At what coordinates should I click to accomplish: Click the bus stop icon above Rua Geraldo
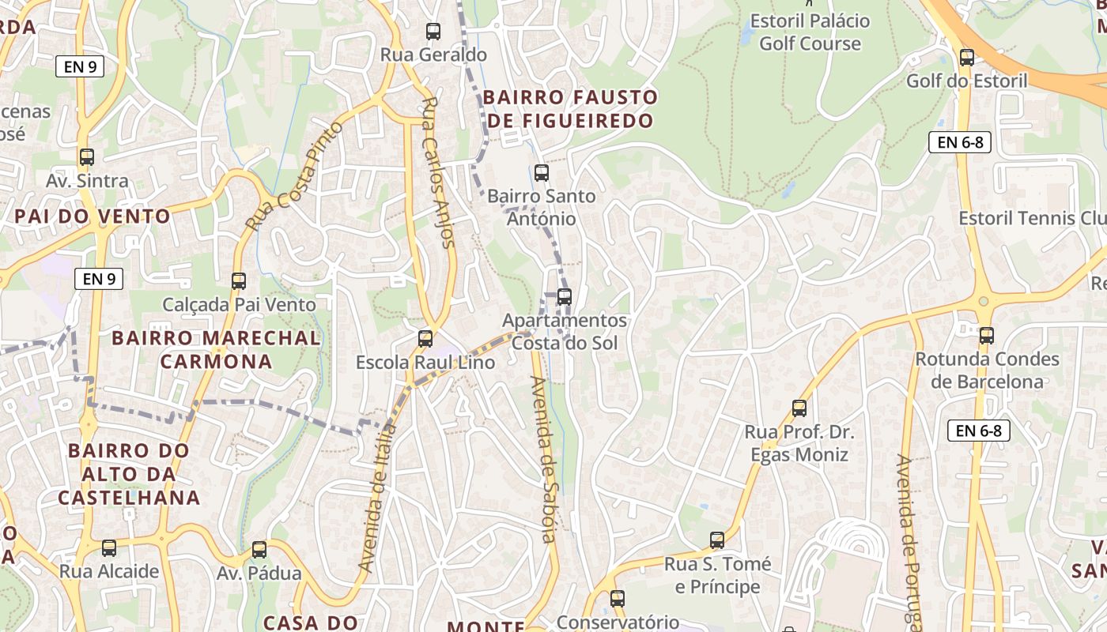coord(433,32)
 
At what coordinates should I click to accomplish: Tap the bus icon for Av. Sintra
coord(87,157)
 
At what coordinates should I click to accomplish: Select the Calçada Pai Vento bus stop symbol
coord(238,280)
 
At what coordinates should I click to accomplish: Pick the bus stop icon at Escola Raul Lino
coord(425,339)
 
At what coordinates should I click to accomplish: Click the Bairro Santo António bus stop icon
coord(542,172)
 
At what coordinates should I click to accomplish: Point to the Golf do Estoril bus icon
coord(966,58)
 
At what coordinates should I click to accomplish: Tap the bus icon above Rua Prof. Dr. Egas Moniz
coord(799,408)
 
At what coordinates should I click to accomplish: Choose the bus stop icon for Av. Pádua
coord(259,550)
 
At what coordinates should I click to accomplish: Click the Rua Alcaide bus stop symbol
coord(109,548)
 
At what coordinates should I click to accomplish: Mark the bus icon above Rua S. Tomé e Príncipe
coord(717,540)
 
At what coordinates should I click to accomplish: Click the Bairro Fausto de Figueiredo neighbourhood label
coord(569,109)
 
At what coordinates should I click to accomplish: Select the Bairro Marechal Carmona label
coord(216,350)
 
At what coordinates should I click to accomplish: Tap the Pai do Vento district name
coord(93,216)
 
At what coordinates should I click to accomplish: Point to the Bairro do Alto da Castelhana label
coord(129,474)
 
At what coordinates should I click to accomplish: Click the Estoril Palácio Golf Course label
coord(810,32)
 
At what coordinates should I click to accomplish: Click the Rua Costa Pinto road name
coord(294,176)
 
